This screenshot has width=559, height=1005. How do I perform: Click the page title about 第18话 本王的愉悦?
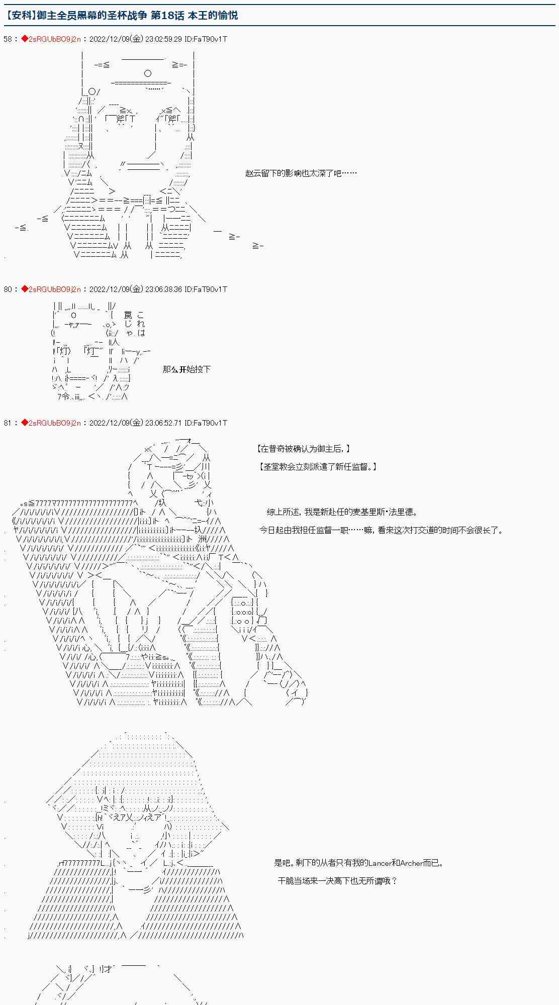click(x=121, y=16)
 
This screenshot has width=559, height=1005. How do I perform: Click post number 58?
click(x=8, y=39)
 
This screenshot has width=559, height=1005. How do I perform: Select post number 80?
click(x=8, y=289)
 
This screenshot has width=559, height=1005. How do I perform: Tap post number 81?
click(x=8, y=423)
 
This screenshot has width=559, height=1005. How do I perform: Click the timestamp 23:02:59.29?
click(x=163, y=39)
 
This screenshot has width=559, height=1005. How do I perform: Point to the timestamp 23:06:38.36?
click(x=163, y=289)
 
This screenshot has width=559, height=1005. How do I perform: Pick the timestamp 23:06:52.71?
click(x=163, y=423)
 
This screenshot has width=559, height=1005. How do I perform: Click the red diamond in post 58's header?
click(x=24, y=39)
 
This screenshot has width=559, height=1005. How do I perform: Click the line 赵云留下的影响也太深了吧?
click(x=301, y=173)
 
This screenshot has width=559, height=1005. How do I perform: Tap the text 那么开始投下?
click(x=187, y=369)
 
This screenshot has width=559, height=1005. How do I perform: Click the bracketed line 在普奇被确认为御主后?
click(x=304, y=449)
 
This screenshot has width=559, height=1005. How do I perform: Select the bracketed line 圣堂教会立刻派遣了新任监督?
click(x=317, y=466)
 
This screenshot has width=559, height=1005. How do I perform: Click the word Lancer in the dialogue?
click(x=380, y=863)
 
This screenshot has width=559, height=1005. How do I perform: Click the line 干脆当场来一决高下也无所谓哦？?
click(x=337, y=880)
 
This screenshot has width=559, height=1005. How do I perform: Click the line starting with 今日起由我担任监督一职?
click(x=381, y=530)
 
